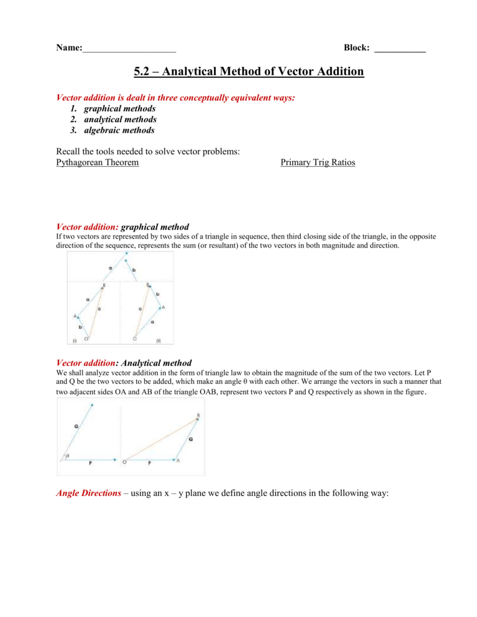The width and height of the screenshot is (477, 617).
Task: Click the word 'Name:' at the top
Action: click(x=68, y=48)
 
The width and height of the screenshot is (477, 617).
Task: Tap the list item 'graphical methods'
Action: click(x=119, y=108)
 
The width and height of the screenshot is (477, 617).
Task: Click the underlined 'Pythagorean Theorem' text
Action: click(x=97, y=163)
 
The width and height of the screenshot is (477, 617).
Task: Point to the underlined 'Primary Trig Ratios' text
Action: click(x=318, y=163)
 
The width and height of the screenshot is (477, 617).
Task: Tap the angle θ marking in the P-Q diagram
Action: click(x=67, y=456)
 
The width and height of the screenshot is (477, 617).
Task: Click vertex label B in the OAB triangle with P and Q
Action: click(x=198, y=415)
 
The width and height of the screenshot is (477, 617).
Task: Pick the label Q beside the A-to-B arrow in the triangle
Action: click(x=191, y=440)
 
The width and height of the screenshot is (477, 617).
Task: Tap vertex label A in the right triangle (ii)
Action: click(x=163, y=307)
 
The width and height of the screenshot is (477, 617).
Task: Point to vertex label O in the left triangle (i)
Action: click(x=86, y=339)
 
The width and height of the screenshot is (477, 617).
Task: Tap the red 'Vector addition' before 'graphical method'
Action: click(x=87, y=227)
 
